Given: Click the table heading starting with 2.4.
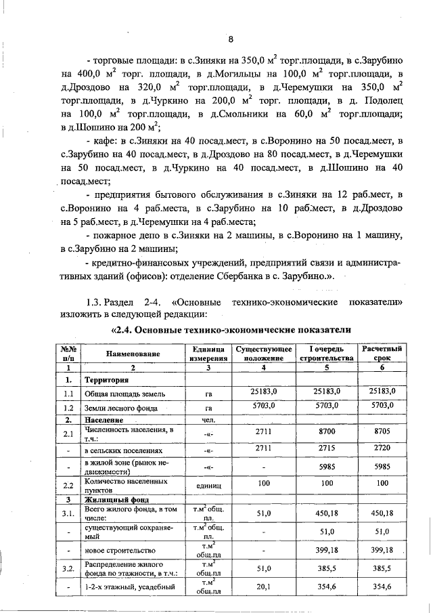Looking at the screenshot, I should click(230, 330).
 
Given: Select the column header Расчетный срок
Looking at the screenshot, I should click(382, 353).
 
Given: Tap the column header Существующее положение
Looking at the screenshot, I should click(263, 353).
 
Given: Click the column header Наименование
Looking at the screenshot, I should click(133, 354).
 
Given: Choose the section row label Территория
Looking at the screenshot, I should click(107, 380).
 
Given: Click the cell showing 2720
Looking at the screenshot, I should click(383, 448).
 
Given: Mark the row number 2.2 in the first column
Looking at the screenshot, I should click(68, 486).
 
